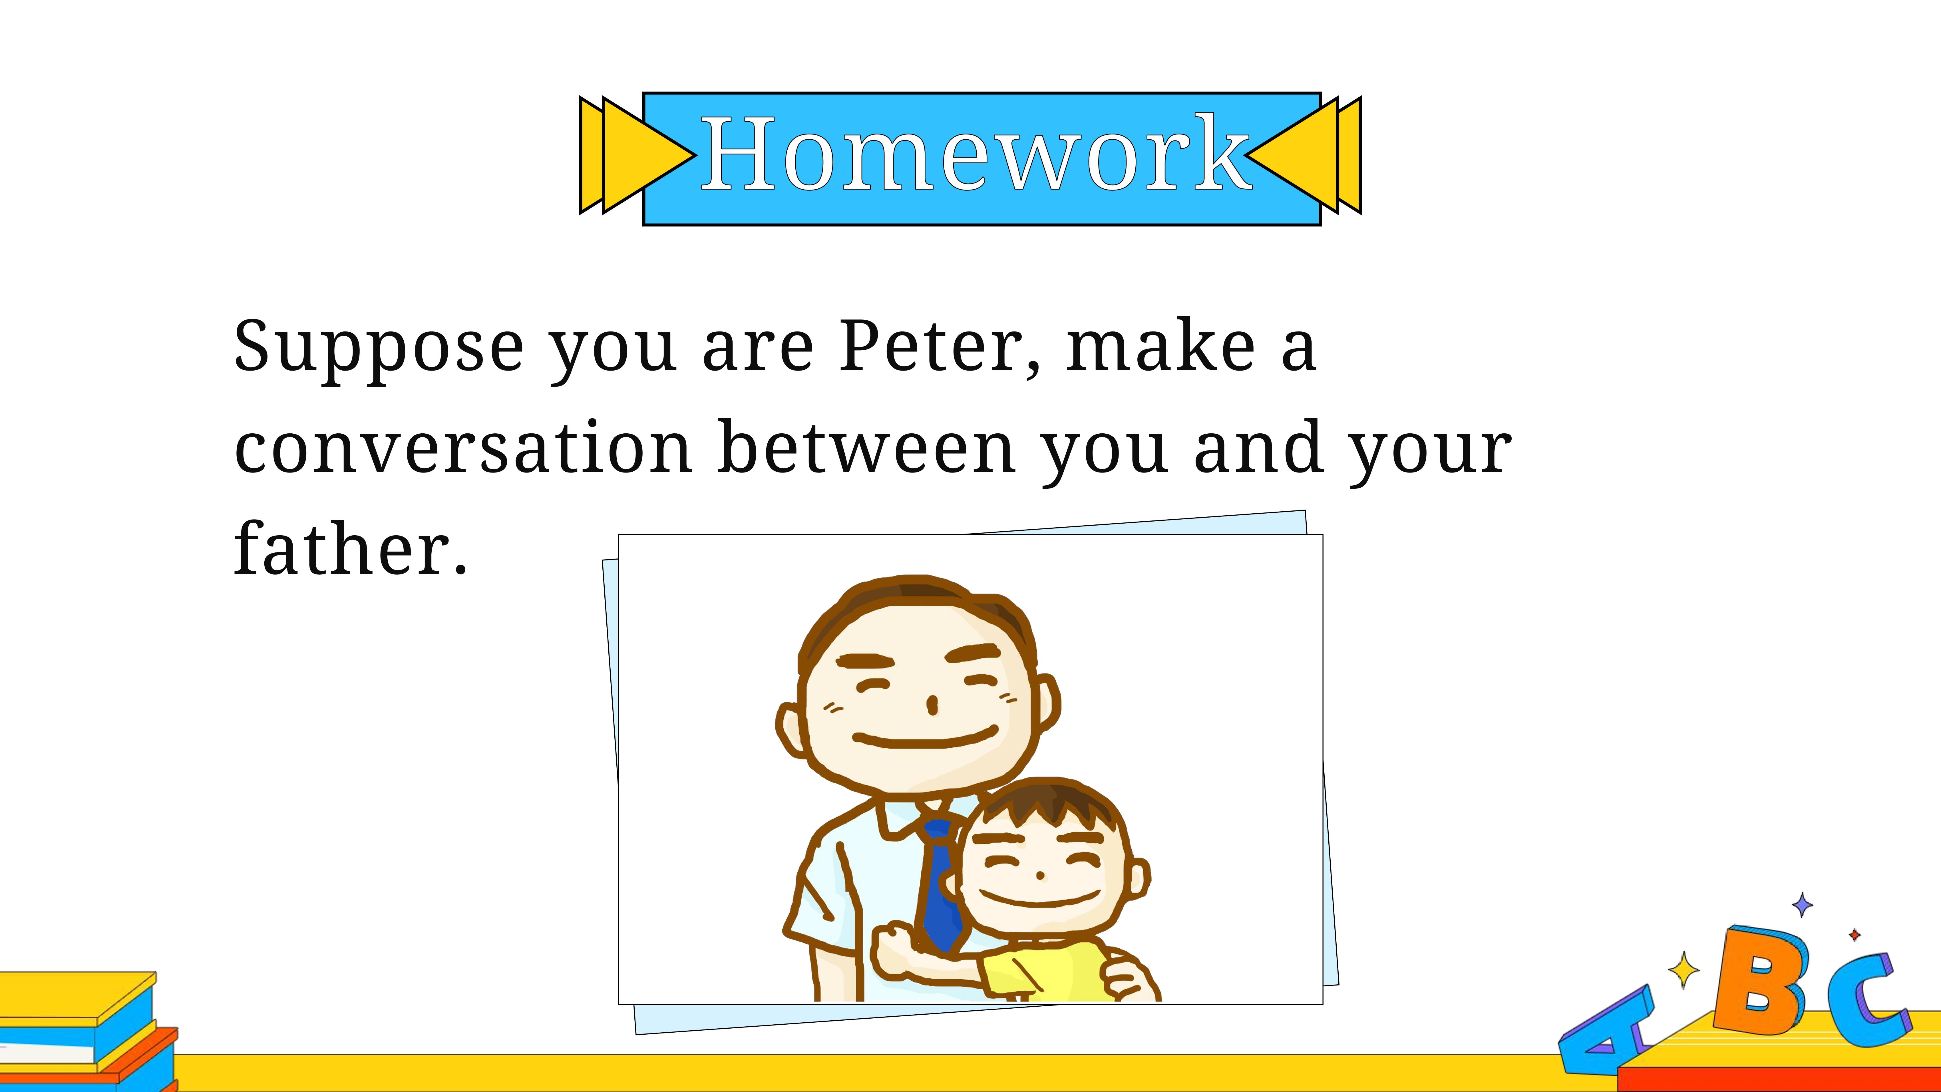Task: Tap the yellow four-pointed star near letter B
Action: point(1683,970)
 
